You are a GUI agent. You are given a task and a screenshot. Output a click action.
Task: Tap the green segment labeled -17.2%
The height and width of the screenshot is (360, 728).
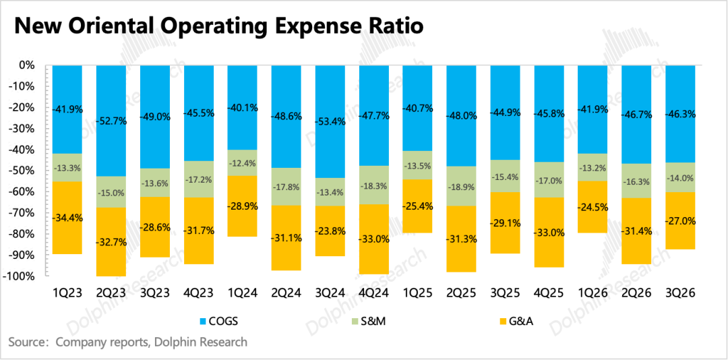coord(198,180)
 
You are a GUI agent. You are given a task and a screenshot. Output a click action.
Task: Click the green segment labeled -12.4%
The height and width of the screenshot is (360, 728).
coord(242,163)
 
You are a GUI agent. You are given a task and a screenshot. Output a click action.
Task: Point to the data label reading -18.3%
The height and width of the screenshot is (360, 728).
coord(373,185)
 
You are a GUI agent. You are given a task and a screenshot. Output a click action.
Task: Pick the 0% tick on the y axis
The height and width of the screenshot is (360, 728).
coord(26,65)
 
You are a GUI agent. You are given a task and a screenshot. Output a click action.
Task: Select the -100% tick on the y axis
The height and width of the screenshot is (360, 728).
coord(19,276)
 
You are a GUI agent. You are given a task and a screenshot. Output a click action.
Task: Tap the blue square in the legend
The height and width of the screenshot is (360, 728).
coord(203,322)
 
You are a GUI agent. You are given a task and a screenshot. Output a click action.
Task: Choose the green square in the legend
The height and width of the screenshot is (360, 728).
coord(355,322)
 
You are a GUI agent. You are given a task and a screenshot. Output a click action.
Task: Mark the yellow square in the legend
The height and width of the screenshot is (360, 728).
coord(503,322)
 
